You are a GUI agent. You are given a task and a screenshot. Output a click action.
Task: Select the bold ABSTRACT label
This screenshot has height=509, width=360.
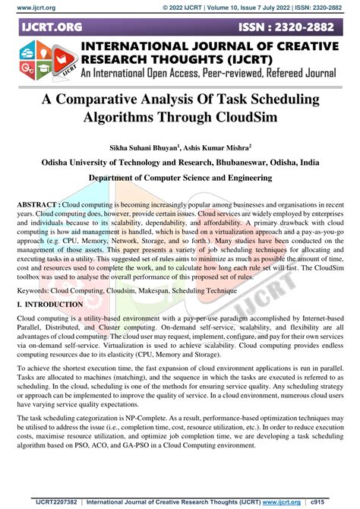click(37, 206)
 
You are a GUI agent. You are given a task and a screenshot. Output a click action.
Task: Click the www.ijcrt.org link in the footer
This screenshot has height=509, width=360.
click(297, 501)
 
